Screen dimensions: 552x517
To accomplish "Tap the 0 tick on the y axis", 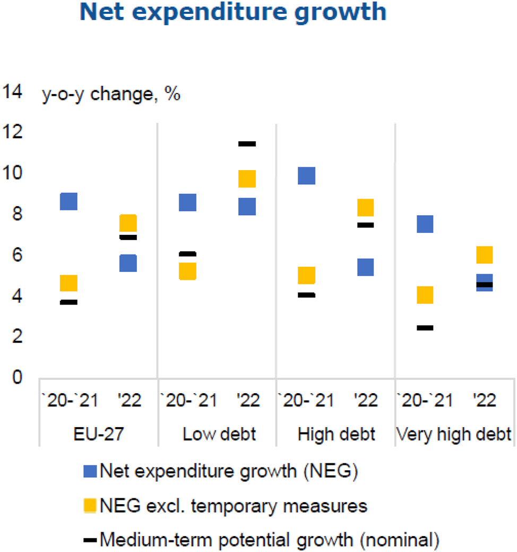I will (x=18, y=378).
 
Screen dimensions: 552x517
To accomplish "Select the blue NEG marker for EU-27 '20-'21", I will (x=68, y=201).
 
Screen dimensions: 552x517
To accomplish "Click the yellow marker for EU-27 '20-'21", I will (x=68, y=283).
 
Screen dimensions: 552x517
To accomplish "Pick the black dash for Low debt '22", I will (x=247, y=143).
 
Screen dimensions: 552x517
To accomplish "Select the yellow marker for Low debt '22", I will (x=247, y=179).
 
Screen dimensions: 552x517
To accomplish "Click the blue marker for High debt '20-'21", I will (x=306, y=175).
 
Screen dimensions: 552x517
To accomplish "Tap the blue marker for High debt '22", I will (x=365, y=267).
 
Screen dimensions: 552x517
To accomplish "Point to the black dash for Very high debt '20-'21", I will (x=425, y=328).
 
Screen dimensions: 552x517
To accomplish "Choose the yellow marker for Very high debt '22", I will (x=484, y=255).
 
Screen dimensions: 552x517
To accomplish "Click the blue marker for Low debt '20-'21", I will (x=187, y=202).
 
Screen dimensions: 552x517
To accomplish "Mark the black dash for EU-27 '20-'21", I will (x=68, y=302).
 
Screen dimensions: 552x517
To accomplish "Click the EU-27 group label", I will (x=98, y=434).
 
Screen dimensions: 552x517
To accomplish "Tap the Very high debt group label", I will (x=454, y=434).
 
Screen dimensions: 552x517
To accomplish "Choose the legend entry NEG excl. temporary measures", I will (x=226, y=506).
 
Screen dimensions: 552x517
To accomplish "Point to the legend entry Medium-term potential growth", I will (x=262, y=540).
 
